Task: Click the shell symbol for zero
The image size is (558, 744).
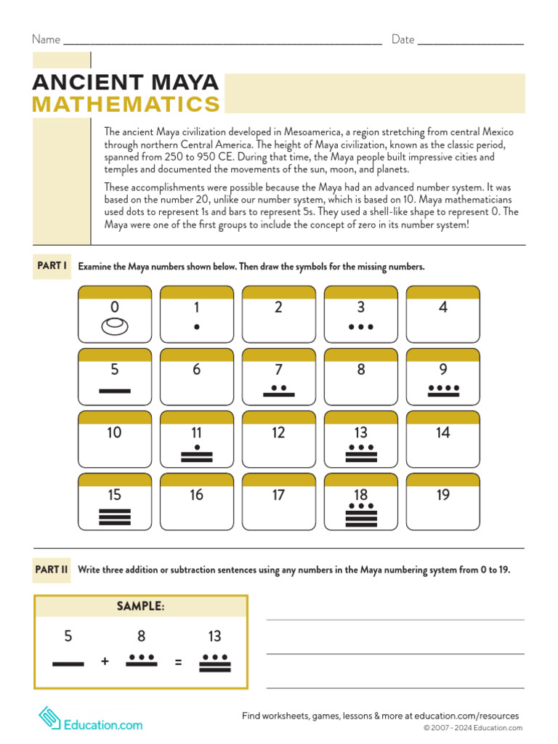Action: point(114,327)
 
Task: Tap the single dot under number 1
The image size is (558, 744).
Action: point(196,327)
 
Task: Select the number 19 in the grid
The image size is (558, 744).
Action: point(442,495)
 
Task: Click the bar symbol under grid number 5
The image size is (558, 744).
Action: point(114,391)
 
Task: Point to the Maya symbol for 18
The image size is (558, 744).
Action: point(360,514)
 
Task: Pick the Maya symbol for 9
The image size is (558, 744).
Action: point(443,391)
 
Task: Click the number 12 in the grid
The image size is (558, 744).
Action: point(278,432)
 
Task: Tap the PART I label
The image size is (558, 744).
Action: point(52,266)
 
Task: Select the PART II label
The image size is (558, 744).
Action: point(52,570)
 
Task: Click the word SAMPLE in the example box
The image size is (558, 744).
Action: point(141,606)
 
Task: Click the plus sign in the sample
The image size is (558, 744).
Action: point(105,662)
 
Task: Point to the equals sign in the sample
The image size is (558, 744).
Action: point(177,662)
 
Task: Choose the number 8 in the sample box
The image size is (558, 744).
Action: point(141,636)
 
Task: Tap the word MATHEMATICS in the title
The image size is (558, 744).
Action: point(126,105)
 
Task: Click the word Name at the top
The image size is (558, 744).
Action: point(46,39)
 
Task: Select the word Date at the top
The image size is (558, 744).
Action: point(403,39)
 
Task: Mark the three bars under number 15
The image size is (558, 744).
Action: point(114,516)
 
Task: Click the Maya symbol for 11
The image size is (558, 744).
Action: point(196,453)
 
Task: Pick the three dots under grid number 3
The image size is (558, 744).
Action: point(360,327)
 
